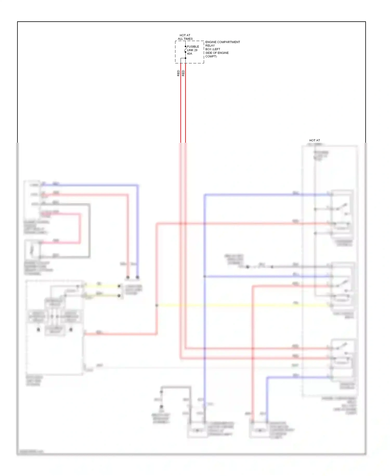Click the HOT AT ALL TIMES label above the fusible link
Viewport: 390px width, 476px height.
(x=185, y=37)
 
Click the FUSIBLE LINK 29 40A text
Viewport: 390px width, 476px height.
(x=193, y=50)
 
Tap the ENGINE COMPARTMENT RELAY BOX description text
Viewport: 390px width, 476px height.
(x=222, y=49)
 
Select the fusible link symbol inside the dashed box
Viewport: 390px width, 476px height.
(x=185, y=49)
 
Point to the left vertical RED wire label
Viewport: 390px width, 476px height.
(x=178, y=73)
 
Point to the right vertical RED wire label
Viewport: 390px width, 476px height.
(x=183, y=73)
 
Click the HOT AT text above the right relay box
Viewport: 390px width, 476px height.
(x=314, y=140)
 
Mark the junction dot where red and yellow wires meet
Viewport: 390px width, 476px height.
(x=157, y=305)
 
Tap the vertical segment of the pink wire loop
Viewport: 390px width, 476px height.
(x=80, y=229)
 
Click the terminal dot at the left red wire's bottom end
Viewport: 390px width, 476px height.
(x=128, y=277)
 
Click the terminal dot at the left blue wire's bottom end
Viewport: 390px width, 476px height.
(x=138, y=277)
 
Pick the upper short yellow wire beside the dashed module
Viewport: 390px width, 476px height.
(x=101, y=286)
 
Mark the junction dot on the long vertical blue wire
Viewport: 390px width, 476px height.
(x=205, y=276)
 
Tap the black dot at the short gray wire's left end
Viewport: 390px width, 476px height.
(x=248, y=267)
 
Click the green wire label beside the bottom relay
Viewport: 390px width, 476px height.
(x=295, y=366)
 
